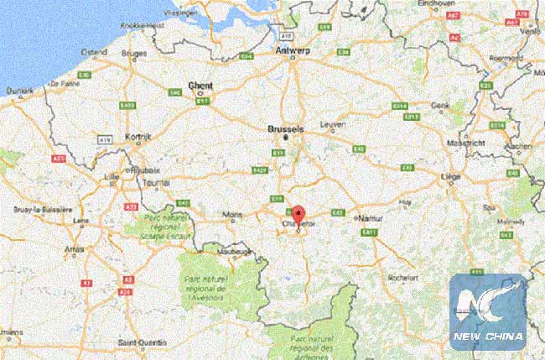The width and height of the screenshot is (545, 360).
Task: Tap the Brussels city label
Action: click(x=285, y=129)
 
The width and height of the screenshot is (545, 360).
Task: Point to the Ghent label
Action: click(x=201, y=86)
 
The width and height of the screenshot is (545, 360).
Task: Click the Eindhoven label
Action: click(x=439, y=4)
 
